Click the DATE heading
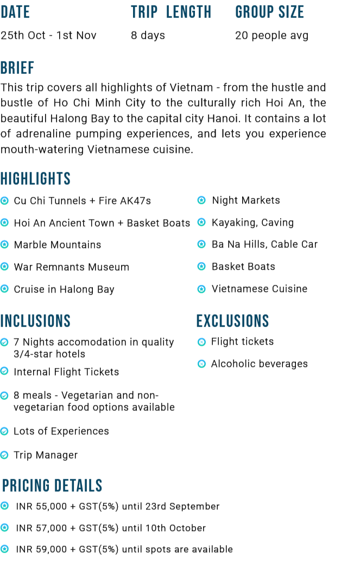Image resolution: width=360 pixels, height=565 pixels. (x=15, y=12)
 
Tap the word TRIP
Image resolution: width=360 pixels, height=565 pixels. (x=144, y=12)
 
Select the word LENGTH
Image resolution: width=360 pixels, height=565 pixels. (x=188, y=12)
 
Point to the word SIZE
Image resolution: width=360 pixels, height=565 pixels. (x=291, y=12)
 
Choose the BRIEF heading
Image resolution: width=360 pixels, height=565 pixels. (x=17, y=68)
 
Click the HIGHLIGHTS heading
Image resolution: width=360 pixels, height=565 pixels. (x=35, y=179)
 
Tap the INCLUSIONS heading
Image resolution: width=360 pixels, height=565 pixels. (x=35, y=321)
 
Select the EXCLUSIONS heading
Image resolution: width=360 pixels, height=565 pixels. (x=232, y=321)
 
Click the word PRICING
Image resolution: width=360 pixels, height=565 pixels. (x=26, y=486)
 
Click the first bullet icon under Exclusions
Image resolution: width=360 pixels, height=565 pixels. (x=201, y=342)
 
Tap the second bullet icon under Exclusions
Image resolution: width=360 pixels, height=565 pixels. (x=201, y=364)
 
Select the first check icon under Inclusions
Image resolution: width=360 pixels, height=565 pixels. (x=4, y=342)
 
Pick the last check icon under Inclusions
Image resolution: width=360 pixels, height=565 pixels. (x=4, y=455)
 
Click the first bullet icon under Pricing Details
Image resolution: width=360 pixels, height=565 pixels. (x=4, y=505)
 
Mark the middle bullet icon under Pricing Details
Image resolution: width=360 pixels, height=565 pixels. (x=4, y=527)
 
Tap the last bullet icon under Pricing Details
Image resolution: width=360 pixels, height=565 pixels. (x=4, y=549)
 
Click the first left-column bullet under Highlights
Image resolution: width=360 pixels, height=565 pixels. (x=4, y=200)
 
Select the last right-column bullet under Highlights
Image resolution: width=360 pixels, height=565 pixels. (x=201, y=289)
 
